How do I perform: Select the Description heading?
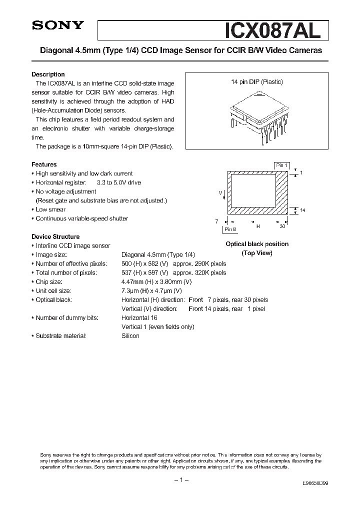click(x=48, y=74)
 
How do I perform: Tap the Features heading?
click(x=44, y=164)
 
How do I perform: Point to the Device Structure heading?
click(x=55, y=236)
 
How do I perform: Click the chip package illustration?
click(x=257, y=117)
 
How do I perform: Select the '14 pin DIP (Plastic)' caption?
click(x=257, y=82)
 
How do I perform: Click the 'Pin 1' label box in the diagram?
click(x=281, y=165)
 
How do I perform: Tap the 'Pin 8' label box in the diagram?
click(x=230, y=229)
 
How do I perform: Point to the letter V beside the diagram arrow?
click(x=220, y=191)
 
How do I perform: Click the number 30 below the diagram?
click(x=282, y=226)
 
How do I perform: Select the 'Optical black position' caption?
click(x=257, y=244)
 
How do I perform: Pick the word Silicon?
click(x=130, y=336)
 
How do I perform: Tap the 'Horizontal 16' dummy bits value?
click(x=139, y=318)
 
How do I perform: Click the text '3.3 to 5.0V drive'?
click(x=119, y=182)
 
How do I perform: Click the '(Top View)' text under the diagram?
click(x=257, y=253)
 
